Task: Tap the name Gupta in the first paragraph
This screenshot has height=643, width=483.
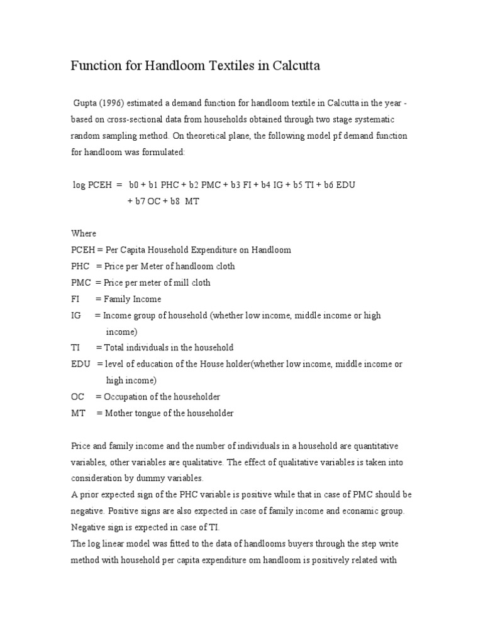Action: tap(86, 103)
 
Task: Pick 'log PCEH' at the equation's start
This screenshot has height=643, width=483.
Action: tap(92, 185)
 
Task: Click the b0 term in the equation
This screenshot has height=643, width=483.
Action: tap(134, 185)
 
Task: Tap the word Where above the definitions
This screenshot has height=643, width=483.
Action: tap(84, 234)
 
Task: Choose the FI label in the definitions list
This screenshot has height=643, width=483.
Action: tap(75, 299)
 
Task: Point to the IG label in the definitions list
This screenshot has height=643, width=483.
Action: tap(76, 315)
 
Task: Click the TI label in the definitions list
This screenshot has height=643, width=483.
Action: tap(75, 347)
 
